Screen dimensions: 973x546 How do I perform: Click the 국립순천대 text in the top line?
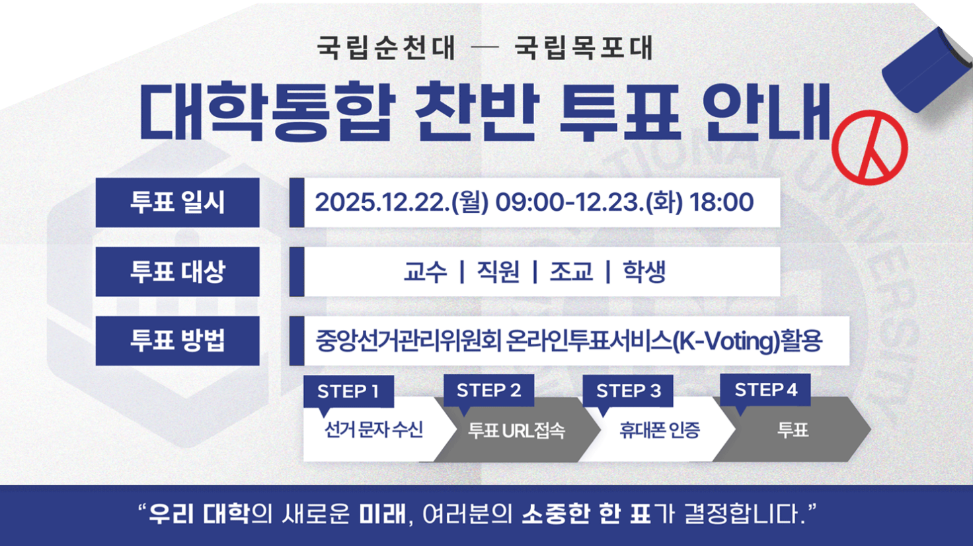tap(386, 48)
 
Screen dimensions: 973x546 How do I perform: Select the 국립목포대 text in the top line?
tap(584, 48)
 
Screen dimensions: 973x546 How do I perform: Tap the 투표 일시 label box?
tap(178, 202)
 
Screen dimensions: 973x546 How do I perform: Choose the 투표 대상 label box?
tap(178, 272)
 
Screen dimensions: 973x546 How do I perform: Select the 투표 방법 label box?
tap(178, 341)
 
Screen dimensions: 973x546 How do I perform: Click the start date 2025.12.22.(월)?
tap(402, 202)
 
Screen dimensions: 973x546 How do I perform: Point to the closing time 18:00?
tap(722, 202)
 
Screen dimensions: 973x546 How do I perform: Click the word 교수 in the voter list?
tap(425, 272)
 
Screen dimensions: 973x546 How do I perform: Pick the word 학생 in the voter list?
tap(644, 272)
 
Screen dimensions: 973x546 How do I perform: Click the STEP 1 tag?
tap(348, 392)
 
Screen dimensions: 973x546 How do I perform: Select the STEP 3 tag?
tap(628, 391)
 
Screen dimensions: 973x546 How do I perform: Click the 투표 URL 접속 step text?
tap(516, 430)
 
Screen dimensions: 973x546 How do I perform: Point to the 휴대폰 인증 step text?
tap(660, 430)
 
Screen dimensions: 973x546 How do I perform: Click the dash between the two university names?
tap(485, 48)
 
